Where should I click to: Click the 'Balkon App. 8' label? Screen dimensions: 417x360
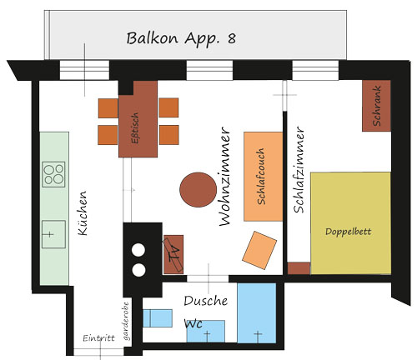(181, 38)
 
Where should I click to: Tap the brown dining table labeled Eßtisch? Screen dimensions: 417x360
(138, 119)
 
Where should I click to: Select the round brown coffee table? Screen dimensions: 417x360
(198, 190)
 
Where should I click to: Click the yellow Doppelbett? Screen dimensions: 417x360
(350, 223)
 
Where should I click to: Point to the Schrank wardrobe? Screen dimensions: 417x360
(376, 106)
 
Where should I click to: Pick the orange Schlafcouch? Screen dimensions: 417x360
(264, 177)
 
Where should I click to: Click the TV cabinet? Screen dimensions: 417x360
(173, 254)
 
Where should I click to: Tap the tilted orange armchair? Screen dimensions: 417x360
(259, 250)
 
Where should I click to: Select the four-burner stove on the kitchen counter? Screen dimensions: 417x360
(53, 174)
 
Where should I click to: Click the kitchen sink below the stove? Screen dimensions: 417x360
(53, 234)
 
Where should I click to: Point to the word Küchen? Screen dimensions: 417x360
(83, 213)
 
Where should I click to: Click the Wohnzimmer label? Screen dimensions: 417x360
(224, 177)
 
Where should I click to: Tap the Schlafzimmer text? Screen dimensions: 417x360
(299, 170)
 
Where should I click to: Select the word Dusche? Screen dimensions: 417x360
(206, 301)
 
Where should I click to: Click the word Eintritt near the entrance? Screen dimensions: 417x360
(99, 338)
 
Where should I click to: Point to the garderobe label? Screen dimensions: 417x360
(127, 321)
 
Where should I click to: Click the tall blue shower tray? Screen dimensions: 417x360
(257, 313)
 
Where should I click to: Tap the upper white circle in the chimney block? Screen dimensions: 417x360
(138, 250)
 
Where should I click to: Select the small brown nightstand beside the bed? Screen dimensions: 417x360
(299, 268)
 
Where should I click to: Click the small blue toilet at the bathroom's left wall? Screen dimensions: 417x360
(158, 318)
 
